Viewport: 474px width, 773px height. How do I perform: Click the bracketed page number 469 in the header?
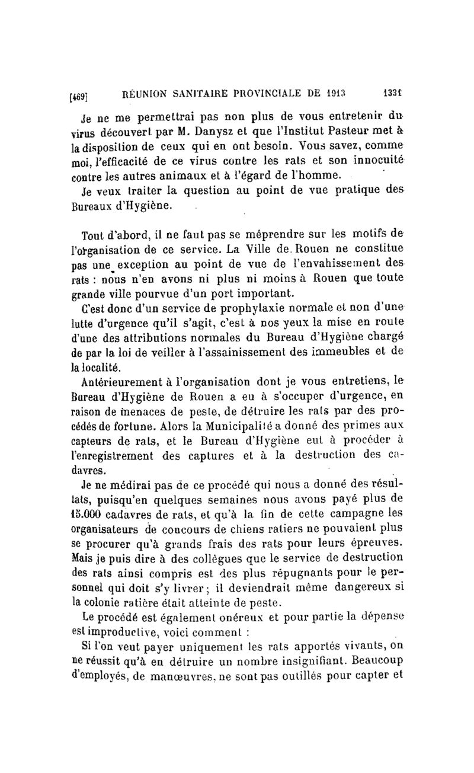pos(79,94)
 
